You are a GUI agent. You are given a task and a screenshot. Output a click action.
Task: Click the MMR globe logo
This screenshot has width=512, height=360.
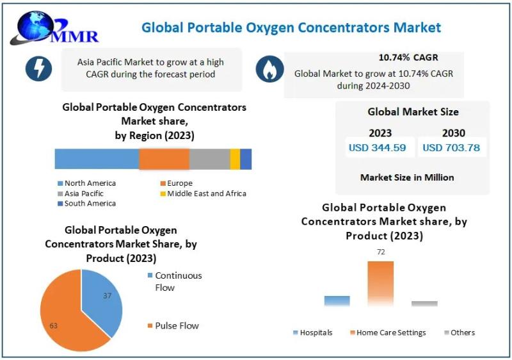click(x=54, y=28)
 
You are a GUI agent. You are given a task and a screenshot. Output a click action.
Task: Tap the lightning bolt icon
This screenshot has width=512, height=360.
click(x=38, y=69)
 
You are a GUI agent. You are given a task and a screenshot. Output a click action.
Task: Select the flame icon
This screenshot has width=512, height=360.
click(x=269, y=69)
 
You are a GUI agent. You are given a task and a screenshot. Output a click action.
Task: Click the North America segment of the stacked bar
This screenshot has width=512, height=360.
click(x=97, y=159)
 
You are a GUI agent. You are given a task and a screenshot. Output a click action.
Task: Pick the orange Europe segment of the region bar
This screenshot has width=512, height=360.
click(x=164, y=159)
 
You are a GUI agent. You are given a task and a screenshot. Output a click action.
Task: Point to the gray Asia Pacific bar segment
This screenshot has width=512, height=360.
click(x=210, y=159)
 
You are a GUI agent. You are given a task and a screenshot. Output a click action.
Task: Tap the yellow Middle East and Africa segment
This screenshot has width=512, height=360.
click(x=235, y=159)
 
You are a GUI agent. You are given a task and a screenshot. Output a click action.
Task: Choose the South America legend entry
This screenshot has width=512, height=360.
click(x=87, y=204)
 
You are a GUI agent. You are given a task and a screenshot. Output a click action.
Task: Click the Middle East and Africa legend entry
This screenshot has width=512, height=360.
click(x=203, y=193)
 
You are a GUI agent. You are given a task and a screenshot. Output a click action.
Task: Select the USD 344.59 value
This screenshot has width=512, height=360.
click(x=377, y=148)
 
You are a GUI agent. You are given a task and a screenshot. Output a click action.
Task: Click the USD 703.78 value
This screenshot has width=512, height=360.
click(x=451, y=148)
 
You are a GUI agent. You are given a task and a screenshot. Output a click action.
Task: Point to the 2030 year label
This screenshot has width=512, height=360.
click(x=454, y=133)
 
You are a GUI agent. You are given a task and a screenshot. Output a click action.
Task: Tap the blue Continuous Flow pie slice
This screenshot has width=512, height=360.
click(x=100, y=299)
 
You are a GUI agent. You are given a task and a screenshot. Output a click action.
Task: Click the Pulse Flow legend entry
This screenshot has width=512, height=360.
click(x=173, y=325)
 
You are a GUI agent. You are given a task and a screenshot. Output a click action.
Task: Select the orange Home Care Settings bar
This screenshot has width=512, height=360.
click(x=381, y=284)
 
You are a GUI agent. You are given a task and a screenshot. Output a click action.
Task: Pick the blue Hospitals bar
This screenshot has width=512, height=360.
click(x=337, y=301)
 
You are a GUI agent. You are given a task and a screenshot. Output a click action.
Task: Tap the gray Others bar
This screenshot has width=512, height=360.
click(x=424, y=304)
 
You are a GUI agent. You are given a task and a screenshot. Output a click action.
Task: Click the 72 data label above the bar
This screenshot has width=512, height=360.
click(x=381, y=252)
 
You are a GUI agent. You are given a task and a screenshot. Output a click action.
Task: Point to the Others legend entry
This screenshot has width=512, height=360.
click(x=460, y=332)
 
